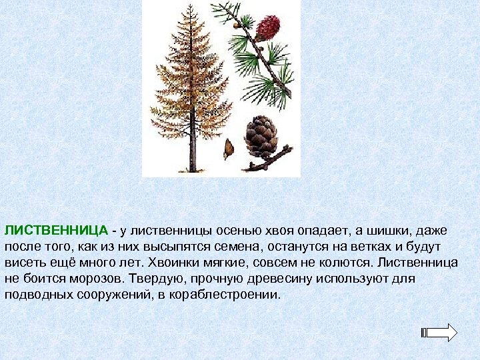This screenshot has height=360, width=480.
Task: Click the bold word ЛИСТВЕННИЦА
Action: coord(57,231)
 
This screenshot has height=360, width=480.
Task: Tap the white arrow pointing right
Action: coord(441,333)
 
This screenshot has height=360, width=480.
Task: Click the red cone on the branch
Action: coord(268,29)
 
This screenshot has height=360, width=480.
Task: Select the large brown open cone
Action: coord(261,136)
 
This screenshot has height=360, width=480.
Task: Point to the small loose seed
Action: coord(228,148)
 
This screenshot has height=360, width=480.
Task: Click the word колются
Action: coord(357,262)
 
